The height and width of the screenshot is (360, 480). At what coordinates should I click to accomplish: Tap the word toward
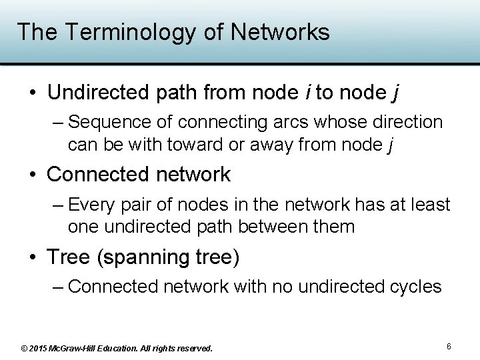[187, 144]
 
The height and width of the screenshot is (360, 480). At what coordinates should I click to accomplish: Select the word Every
[93, 205]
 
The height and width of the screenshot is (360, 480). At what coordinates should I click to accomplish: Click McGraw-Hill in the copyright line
[81, 348]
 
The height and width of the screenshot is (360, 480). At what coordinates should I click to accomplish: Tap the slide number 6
[449, 347]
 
